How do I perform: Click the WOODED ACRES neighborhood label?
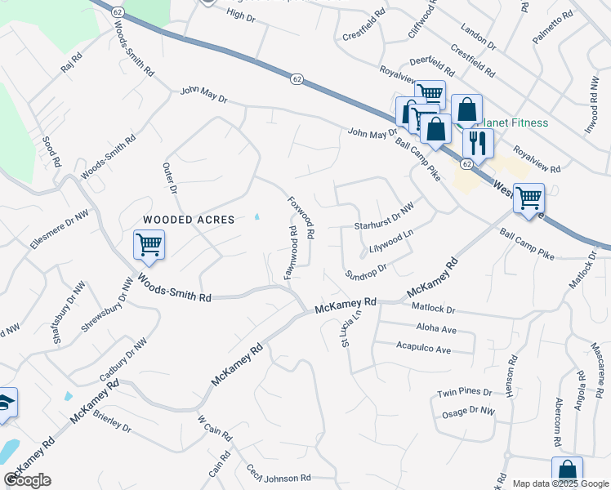(x=189, y=220)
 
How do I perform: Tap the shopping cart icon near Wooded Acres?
(x=149, y=244)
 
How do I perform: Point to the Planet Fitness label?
(x=515, y=123)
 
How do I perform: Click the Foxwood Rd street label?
(x=301, y=216)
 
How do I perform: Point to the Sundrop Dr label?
(x=364, y=270)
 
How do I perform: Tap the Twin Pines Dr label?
(x=464, y=392)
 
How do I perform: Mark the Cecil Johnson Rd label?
(x=279, y=473)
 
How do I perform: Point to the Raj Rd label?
(x=72, y=64)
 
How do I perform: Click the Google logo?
(x=27, y=480)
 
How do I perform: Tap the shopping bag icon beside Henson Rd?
(x=567, y=472)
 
